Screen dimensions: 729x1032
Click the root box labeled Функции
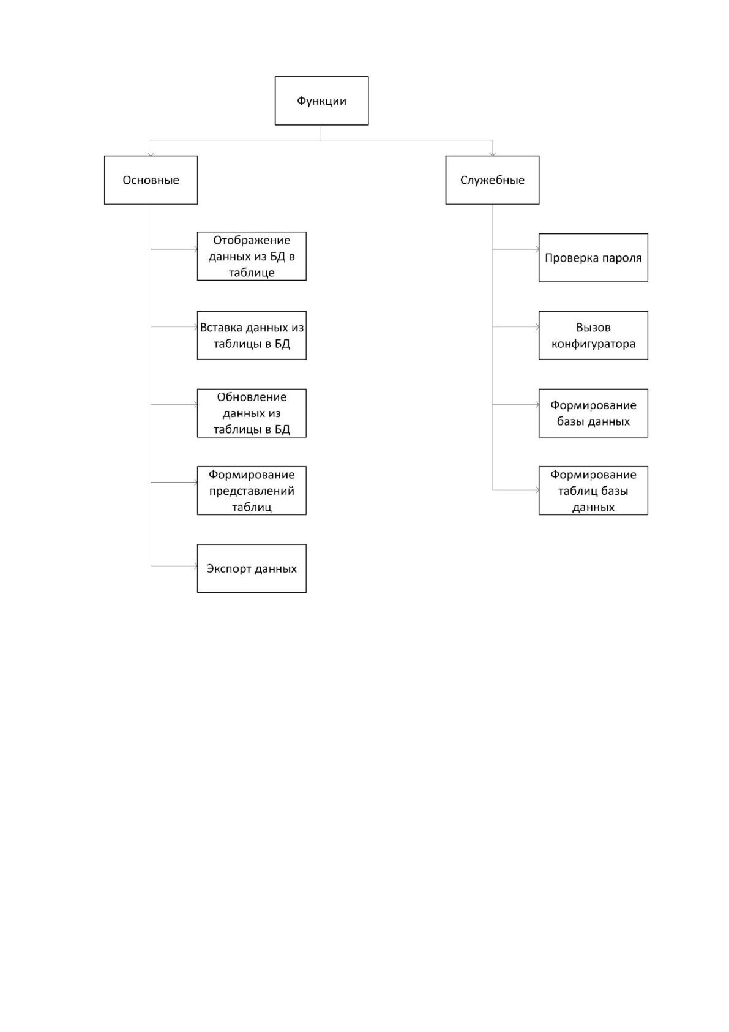tap(321, 100)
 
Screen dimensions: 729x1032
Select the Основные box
tap(151, 179)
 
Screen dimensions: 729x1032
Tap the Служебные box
tap(492, 179)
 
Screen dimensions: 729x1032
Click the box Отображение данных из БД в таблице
tap(252, 255)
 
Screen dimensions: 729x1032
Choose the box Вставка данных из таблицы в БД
tap(252, 335)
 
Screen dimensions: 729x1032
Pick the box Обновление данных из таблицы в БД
tap(252, 413)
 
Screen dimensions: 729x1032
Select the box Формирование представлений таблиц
tap(252, 490)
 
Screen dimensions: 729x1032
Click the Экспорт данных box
tap(252, 568)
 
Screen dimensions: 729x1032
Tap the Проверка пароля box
tap(593, 257)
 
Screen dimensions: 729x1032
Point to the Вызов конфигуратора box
tap(593, 335)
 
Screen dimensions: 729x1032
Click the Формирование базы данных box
tap(593, 413)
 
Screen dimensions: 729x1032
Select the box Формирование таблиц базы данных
tap(593, 490)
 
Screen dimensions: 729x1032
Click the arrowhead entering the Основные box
tap(151, 154)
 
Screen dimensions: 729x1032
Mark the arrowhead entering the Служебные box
tap(493, 154)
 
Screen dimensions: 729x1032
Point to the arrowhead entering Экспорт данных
tap(195, 566)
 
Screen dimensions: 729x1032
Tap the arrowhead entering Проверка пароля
tap(537, 249)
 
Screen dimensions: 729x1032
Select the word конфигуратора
tap(593, 344)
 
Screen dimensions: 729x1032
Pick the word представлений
tap(252, 491)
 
